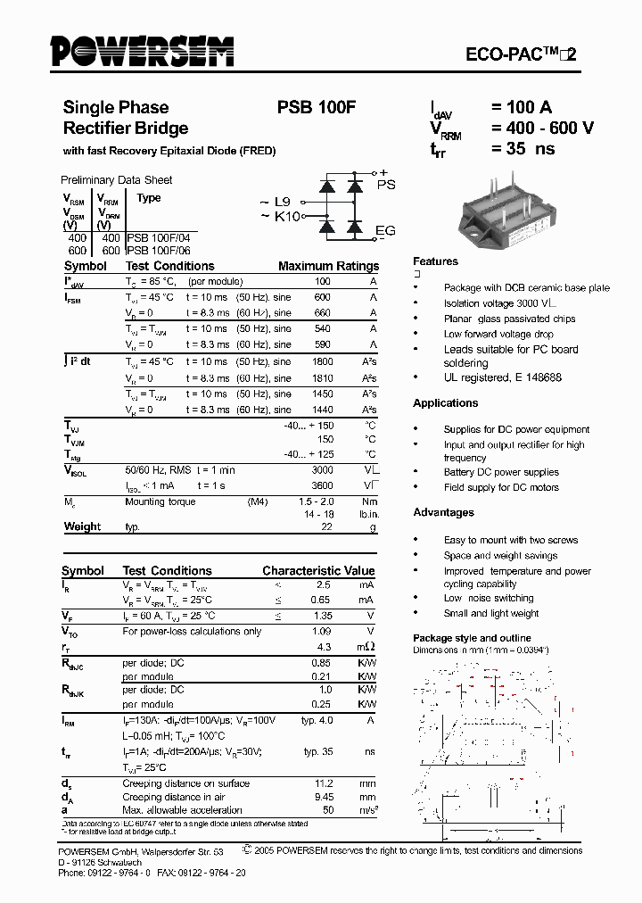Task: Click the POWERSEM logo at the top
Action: click(143, 51)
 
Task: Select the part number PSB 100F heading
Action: click(317, 108)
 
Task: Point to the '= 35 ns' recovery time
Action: click(523, 148)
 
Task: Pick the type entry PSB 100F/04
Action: click(159, 239)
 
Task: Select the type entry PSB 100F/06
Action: click(159, 251)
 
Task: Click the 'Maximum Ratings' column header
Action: click(328, 266)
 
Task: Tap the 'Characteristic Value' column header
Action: click(318, 570)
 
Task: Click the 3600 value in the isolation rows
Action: click(322, 485)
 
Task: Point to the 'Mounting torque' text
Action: click(157, 501)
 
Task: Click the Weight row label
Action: click(82, 526)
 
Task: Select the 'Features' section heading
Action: click(435, 261)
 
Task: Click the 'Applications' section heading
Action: click(446, 403)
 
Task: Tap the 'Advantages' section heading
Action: click(443, 512)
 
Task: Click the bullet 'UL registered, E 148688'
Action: click(502, 377)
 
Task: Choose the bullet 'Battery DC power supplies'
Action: click(501, 472)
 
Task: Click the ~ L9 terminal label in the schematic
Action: click(276, 202)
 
